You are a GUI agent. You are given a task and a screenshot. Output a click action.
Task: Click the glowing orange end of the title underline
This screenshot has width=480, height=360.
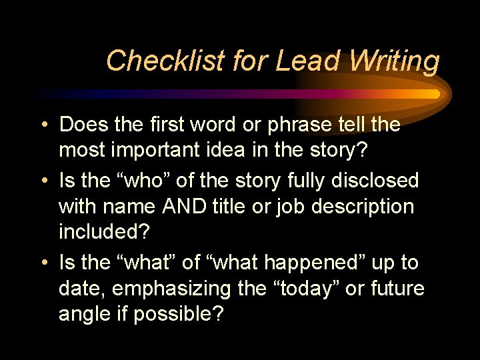click(x=433, y=94)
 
